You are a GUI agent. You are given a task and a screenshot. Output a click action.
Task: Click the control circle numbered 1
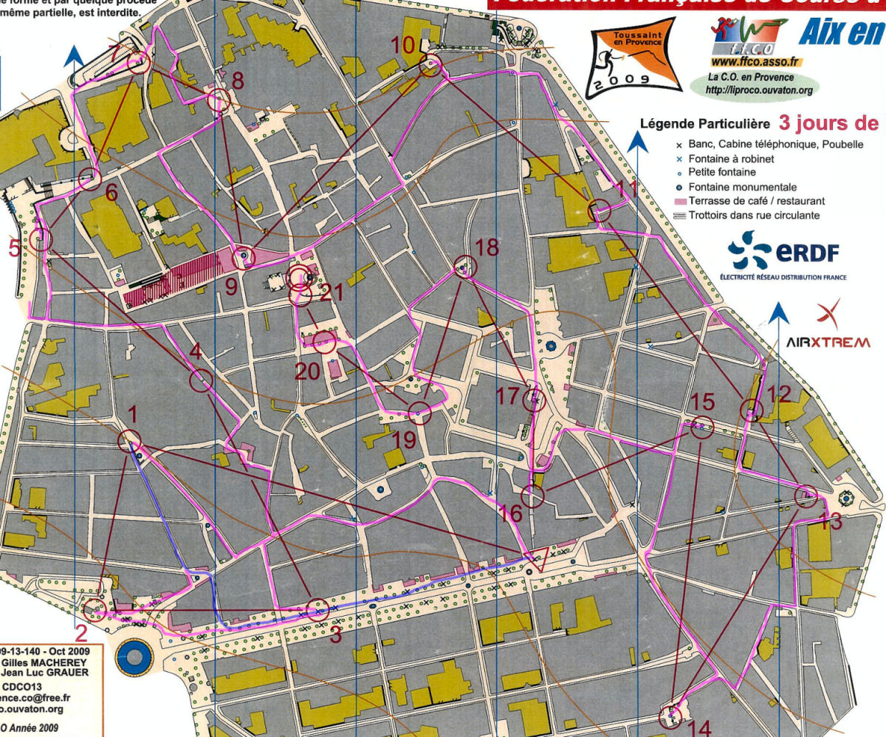(129, 441)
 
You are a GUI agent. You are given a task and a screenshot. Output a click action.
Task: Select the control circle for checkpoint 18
(463, 269)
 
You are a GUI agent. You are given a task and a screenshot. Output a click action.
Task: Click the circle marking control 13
(807, 497)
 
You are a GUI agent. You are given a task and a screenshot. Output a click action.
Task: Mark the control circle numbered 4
(201, 380)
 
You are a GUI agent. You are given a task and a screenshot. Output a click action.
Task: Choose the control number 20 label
(307, 371)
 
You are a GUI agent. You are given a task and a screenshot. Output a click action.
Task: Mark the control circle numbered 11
(600, 210)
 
